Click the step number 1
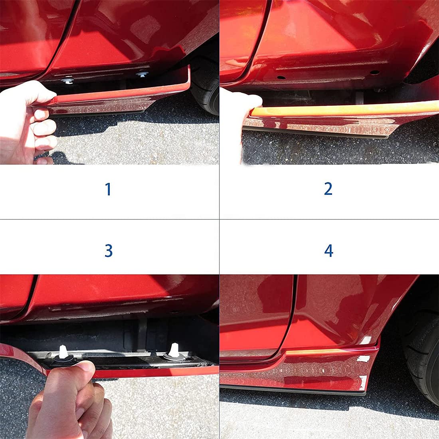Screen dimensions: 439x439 pos(108,189)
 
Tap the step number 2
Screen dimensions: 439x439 pos(328,188)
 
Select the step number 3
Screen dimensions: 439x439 pos(109,251)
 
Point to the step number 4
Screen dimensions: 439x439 pos(328,251)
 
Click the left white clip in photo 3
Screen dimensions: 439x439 pos(63,352)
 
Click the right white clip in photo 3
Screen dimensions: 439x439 pos(173,350)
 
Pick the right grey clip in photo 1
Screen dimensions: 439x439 pos(141,74)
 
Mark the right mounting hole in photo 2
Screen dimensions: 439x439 pos(374,72)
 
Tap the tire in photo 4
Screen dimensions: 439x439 pos(419,351)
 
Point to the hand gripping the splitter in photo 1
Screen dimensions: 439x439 pos(28,120)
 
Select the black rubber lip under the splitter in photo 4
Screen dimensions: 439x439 pos(295,388)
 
